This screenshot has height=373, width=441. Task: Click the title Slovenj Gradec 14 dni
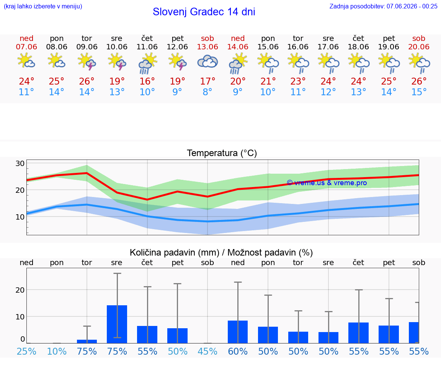(204, 12)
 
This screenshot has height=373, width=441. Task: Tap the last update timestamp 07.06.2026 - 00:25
(412, 6)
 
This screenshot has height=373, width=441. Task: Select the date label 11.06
(147, 47)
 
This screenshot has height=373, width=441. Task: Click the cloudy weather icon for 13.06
(207, 62)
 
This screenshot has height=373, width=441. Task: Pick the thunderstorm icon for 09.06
(87, 62)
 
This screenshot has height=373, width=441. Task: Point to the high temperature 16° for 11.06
(147, 81)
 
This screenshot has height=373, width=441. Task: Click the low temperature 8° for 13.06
(207, 92)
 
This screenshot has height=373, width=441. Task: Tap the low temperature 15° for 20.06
(419, 92)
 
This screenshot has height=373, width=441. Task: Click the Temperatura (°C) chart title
(222, 153)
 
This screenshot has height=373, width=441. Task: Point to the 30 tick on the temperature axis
(20, 163)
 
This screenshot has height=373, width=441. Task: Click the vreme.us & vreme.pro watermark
(327, 183)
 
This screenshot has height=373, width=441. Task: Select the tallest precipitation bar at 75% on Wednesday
(117, 324)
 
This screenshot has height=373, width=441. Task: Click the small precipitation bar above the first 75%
(87, 341)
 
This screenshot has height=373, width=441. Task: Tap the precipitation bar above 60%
(238, 332)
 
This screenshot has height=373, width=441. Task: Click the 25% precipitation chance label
(26, 351)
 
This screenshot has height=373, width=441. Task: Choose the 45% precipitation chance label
(207, 351)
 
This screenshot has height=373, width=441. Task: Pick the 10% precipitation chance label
(57, 351)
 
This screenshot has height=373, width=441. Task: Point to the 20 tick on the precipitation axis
(20, 290)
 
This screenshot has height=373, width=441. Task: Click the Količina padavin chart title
(221, 252)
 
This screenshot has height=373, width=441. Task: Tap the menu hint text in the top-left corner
(43, 6)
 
